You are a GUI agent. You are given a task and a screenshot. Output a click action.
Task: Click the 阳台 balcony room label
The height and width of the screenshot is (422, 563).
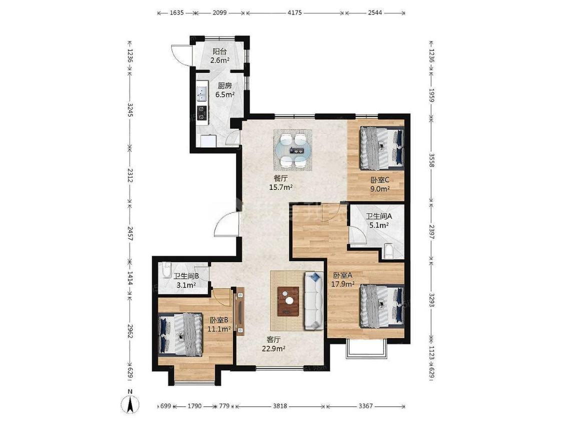(220, 51)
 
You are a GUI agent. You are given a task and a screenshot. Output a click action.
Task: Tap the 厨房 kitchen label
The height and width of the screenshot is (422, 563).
(225, 86)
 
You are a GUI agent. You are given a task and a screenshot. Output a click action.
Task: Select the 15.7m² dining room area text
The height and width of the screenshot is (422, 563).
(280, 186)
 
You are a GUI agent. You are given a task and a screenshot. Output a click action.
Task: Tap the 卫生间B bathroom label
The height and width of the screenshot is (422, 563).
(186, 276)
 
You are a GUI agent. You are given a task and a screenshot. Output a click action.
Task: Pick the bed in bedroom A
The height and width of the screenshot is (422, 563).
(382, 306)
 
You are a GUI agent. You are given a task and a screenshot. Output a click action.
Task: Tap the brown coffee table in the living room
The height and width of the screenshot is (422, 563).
(288, 300)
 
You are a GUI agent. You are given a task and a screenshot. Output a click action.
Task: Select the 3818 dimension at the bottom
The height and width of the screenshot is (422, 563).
(280, 406)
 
